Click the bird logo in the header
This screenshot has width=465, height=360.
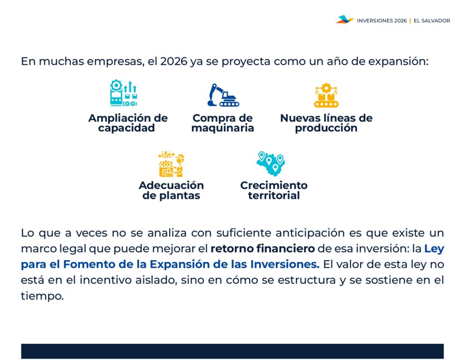click(x=345, y=20)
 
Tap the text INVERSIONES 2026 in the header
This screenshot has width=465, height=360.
click(x=381, y=21)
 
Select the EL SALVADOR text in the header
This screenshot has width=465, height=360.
click(x=432, y=21)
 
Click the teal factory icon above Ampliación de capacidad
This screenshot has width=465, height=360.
click(x=124, y=93)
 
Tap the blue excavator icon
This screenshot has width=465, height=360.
click(x=223, y=95)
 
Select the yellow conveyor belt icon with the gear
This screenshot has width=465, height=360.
click(x=326, y=95)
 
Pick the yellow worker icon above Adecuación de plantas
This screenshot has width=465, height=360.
click(x=171, y=164)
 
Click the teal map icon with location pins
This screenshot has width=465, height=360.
click(x=271, y=164)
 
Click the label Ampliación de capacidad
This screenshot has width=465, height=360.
click(x=128, y=123)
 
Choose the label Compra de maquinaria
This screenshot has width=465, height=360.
click(x=223, y=123)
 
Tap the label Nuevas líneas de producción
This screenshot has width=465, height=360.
click(x=326, y=123)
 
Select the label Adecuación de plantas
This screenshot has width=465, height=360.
click(x=171, y=190)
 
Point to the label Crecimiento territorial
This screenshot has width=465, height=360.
click(x=274, y=190)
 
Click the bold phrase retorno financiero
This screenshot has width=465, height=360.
click(x=262, y=248)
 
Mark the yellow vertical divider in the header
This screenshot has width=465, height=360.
click(x=410, y=21)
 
